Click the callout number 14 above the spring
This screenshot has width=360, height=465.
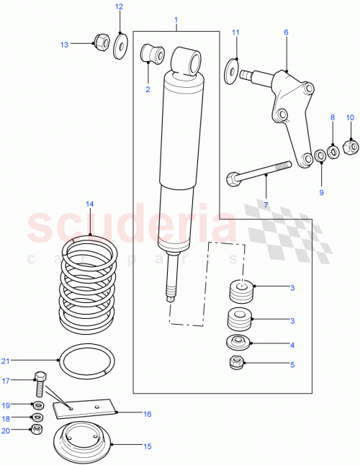pyautogui.click(x=89, y=204)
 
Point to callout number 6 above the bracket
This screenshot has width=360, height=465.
pyautogui.click(x=285, y=32)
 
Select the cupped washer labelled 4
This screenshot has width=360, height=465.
pyautogui.click(x=238, y=342)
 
